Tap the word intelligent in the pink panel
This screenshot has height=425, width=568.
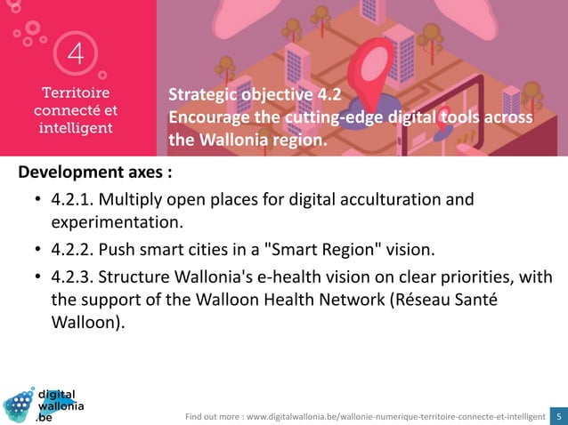(74, 127)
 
